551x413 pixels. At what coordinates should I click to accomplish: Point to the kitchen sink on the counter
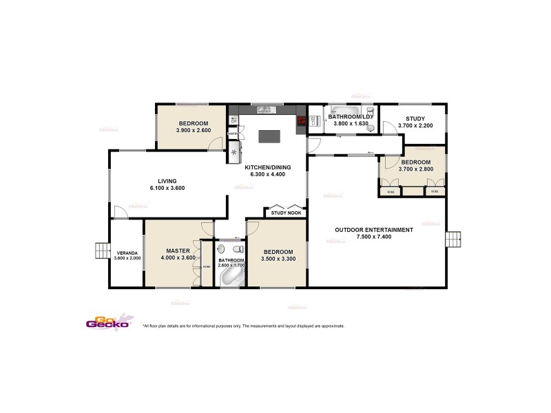(263, 110)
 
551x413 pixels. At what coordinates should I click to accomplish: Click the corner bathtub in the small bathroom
(231, 277)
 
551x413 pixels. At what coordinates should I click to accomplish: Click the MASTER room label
(178, 251)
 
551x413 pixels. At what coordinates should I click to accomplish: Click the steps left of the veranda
(101, 249)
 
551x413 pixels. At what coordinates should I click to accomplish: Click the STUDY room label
(415, 118)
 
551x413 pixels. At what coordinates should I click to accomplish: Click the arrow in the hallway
(370, 153)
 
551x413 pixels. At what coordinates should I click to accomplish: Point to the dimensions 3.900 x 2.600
(193, 130)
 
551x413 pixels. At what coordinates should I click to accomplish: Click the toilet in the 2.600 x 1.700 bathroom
(236, 249)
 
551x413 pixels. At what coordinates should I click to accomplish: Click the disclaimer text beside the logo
(242, 326)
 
